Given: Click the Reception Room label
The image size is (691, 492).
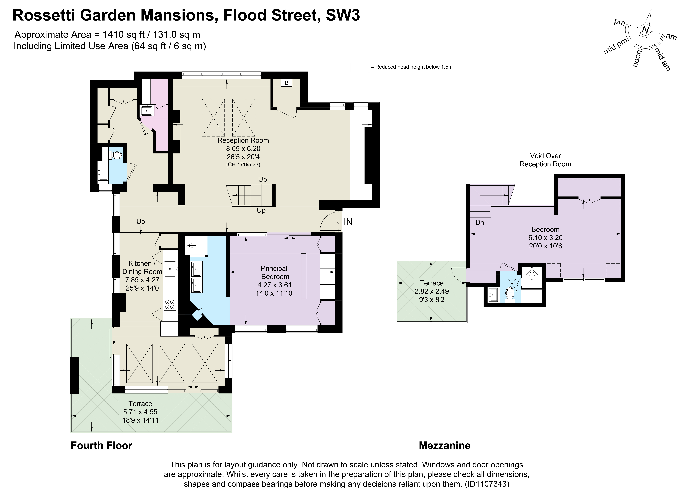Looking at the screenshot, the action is pyautogui.click(x=243, y=140).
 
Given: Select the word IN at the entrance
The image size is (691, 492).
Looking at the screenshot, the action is pyautogui.click(x=348, y=222).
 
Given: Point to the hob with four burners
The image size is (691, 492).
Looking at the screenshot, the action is pyautogui.click(x=170, y=304).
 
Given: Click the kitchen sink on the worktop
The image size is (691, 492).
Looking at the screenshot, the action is pyautogui.click(x=170, y=269).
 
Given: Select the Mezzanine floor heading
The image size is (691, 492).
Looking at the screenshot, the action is pyautogui.click(x=444, y=445).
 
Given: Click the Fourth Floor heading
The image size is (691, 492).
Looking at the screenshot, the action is pyautogui.click(x=101, y=445).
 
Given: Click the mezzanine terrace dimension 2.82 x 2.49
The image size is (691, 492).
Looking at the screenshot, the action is pyautogui.click(x=432, y=291).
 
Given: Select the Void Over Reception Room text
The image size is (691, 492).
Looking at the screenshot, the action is pyautogui.click(x=545, y=160).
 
